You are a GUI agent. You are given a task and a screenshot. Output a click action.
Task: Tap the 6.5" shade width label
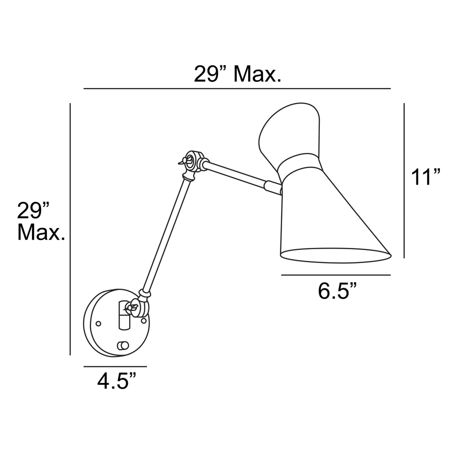click(338, 291)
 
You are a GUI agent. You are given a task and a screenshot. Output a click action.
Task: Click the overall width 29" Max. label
click(237, 75)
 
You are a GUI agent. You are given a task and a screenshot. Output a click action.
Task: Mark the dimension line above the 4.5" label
click(115, 367)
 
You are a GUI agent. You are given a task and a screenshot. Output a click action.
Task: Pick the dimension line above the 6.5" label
click(336, 275)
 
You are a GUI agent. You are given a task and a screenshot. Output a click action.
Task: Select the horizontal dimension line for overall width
click(237, 89)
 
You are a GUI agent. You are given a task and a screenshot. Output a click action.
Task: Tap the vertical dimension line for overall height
click(70, 230)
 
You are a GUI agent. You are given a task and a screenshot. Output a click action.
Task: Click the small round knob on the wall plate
click(123, 345)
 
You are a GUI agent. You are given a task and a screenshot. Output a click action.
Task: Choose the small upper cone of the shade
click(289, 130)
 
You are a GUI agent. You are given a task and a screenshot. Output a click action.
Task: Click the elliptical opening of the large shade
click(335, 255)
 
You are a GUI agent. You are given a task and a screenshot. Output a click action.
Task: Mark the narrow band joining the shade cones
click(300, 162)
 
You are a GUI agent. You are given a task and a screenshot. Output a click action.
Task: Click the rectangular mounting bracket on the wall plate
click(124, 316)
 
